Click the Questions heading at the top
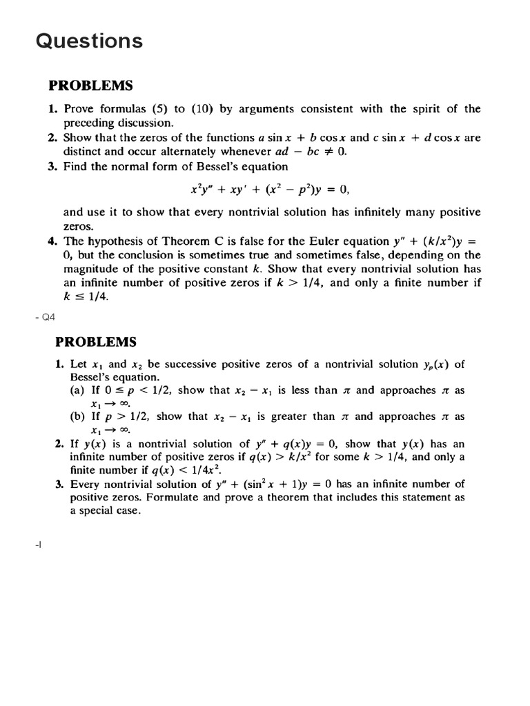click(x=89, y=41)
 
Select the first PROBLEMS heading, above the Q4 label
click(x=90, y=86)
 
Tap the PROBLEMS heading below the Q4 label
click(x=96, y=342)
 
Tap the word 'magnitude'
click(x=90, y=269)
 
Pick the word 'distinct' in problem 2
click(x=83, y=152)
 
